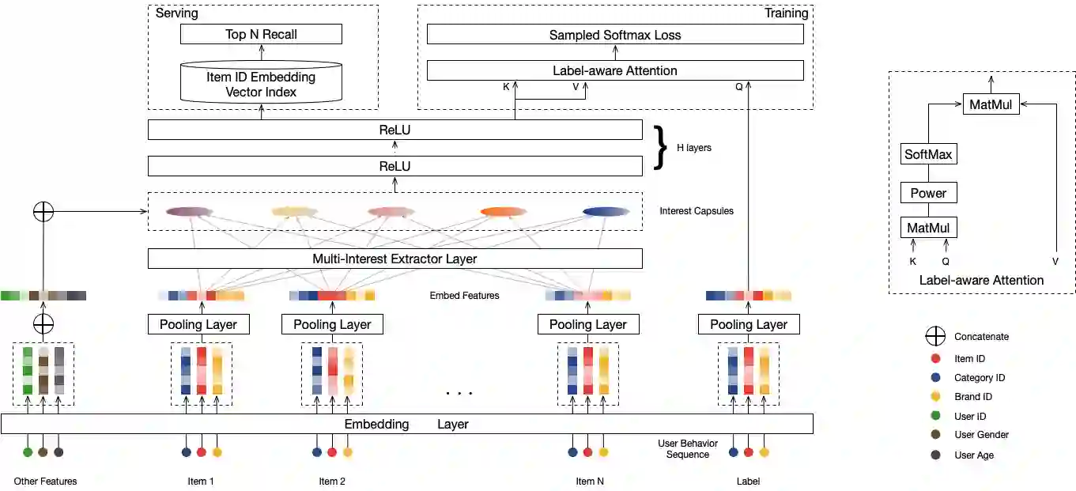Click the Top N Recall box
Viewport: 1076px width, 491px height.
[x=261, y=34]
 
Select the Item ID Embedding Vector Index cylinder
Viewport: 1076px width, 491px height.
[x=261, y=85]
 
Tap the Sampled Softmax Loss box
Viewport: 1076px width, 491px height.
[x=614, y=35]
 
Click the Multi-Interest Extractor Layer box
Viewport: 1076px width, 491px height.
[x=395, y=259]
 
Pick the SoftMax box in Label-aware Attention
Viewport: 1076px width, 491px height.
[x=928, y=154]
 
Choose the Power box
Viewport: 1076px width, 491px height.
[x=928, y=193]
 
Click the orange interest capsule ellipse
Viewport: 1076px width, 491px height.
[x=504, y=211]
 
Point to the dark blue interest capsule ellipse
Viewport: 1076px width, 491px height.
[x=606, y=211]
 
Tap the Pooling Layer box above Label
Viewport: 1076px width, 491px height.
[x=748, y=324]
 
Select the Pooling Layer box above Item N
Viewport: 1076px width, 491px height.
[x=587, y=324]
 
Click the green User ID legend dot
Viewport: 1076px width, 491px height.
[x=935, y=416]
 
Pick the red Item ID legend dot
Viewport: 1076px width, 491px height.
[x=935, y=359]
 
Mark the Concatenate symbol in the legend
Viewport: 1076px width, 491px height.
[x=935, y=336]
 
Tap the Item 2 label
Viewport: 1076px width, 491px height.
[x=332, y=481]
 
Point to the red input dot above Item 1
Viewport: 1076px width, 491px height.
[x=201, y=452]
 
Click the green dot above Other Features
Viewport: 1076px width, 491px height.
[x=28, y=452]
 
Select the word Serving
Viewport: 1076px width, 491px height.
[x=176, y=13]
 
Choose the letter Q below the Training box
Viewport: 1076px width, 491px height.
[x=738, y=87]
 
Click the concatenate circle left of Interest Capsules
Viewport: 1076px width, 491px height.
[x=43, y=212]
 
